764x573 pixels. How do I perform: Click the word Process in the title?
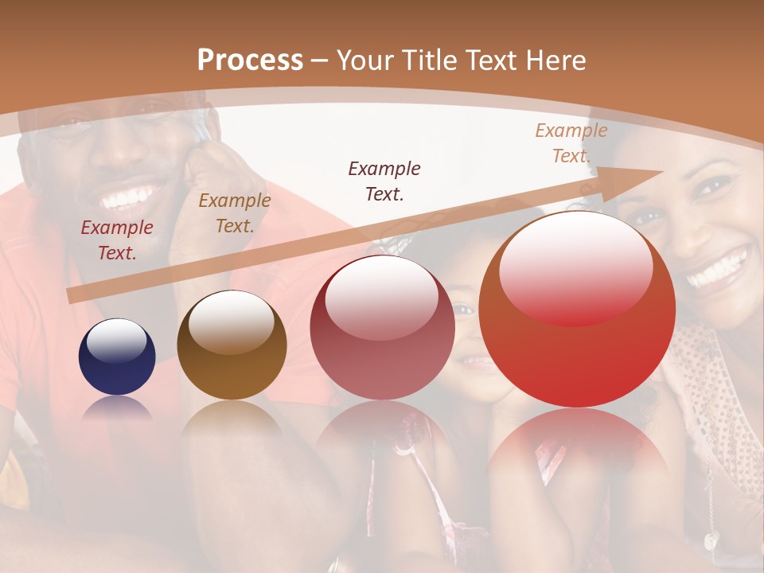coord(250,60)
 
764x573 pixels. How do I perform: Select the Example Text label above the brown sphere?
coord(235,213)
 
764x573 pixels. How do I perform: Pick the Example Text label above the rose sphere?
coord(384,181)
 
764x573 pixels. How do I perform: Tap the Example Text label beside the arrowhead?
coord(571,143)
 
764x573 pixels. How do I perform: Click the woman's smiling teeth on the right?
coord(719,268)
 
